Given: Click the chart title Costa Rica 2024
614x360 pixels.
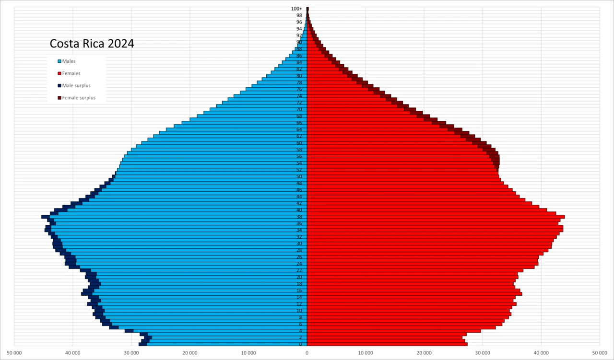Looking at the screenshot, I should click(92, 44).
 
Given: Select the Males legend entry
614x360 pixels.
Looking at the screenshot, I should click(69, 61).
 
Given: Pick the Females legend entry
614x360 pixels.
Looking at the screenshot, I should click(71, 73).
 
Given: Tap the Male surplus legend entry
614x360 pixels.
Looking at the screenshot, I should click(76, 86).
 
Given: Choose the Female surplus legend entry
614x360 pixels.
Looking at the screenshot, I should click(79, 98).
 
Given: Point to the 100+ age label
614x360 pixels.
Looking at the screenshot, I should click(296, 9).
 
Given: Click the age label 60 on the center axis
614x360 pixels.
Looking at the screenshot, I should click(299, 143).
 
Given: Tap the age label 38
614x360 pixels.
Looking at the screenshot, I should click(299, 217).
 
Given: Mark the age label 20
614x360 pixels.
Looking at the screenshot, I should click(299, 277).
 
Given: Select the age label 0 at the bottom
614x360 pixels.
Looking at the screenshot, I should click(301, 344).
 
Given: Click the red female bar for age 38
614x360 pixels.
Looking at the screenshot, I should click(432, 217).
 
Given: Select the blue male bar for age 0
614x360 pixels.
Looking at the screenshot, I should click(230, 344).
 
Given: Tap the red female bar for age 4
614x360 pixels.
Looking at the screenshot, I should click(393, 331).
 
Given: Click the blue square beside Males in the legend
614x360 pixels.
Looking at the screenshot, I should click(59, 61).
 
